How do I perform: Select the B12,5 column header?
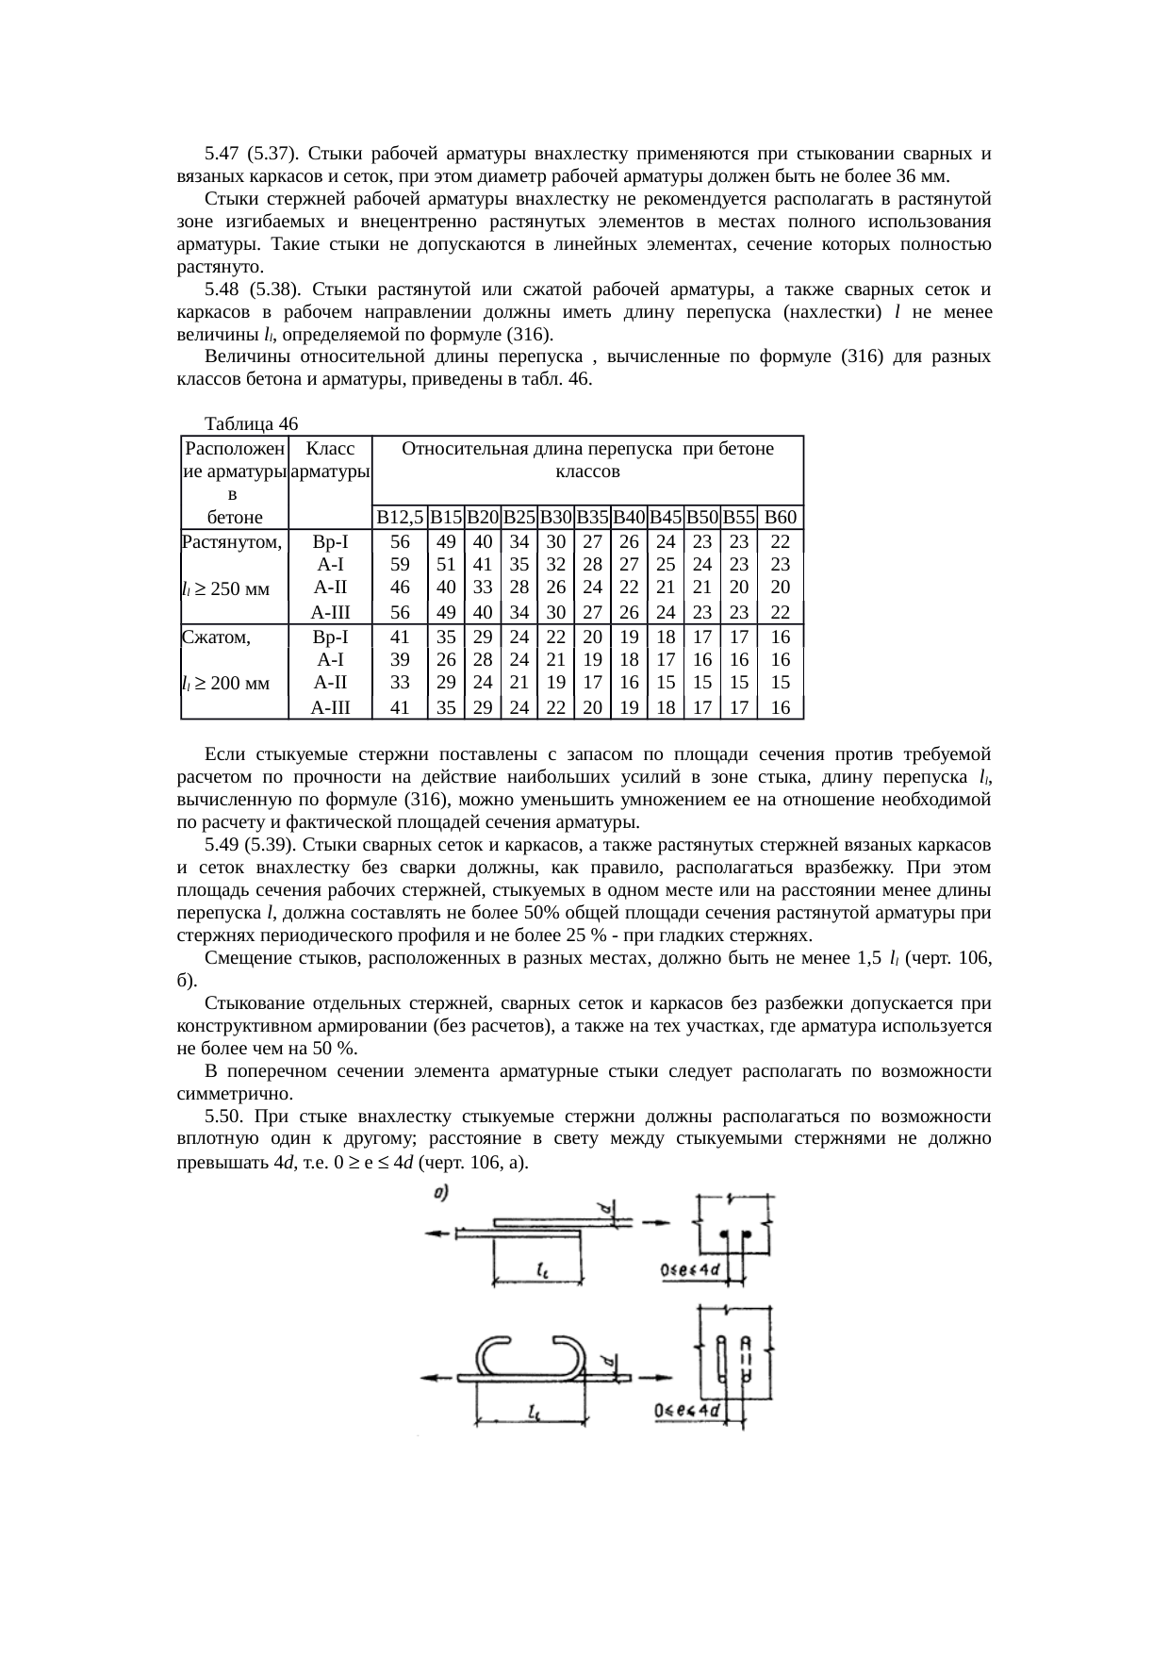click(400, 517)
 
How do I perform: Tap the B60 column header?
click(781, 517)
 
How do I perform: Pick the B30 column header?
click(556, 517)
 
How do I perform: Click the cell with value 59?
click(400, 565)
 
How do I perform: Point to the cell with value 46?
click(400, 588)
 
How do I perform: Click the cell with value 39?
click(400, 659)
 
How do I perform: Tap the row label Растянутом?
click(232, 541)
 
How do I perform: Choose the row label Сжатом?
click(216, 637)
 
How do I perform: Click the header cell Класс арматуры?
click(330, 461)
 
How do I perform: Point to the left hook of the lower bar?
click(493, 1356)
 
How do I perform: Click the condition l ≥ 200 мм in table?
click(226, 683)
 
